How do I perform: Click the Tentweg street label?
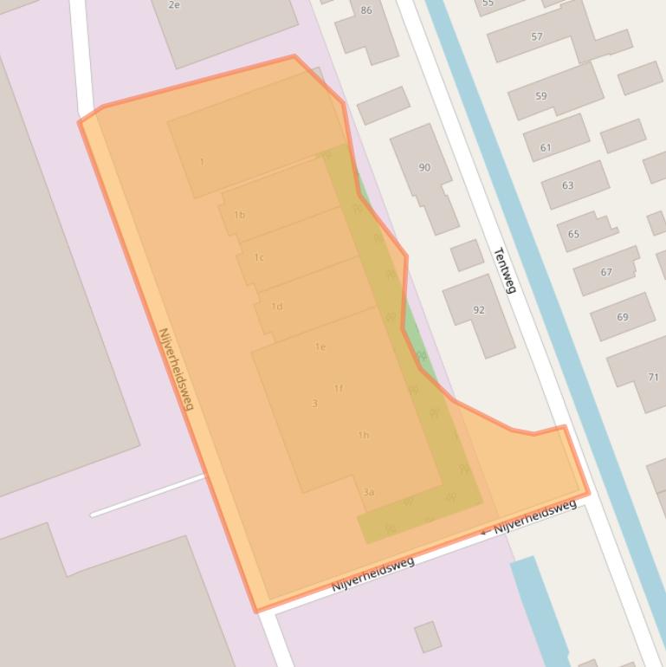click(504, 270)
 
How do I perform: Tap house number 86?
click(365, 10)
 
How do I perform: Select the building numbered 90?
click(424, 167)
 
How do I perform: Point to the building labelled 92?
click(479, 309)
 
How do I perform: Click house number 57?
click(537, 37)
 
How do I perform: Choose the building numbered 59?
click(541, 96)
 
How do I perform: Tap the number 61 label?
click(546, 148)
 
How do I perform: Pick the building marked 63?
click(568, 185)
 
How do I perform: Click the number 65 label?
click(574, 234)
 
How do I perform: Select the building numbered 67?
click(606, 272)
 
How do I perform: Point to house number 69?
click(623, 317)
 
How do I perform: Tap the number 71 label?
click(653, 377)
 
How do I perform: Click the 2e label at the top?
click(174, 5)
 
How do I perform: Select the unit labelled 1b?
click(240, 215)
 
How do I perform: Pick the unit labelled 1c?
click(259, 257)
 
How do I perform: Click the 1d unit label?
click(277, 306)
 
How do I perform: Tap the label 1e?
click(320, 346)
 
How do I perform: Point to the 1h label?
click(364, 435)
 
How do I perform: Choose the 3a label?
click(369, 492)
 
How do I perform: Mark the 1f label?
click(339, 388)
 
